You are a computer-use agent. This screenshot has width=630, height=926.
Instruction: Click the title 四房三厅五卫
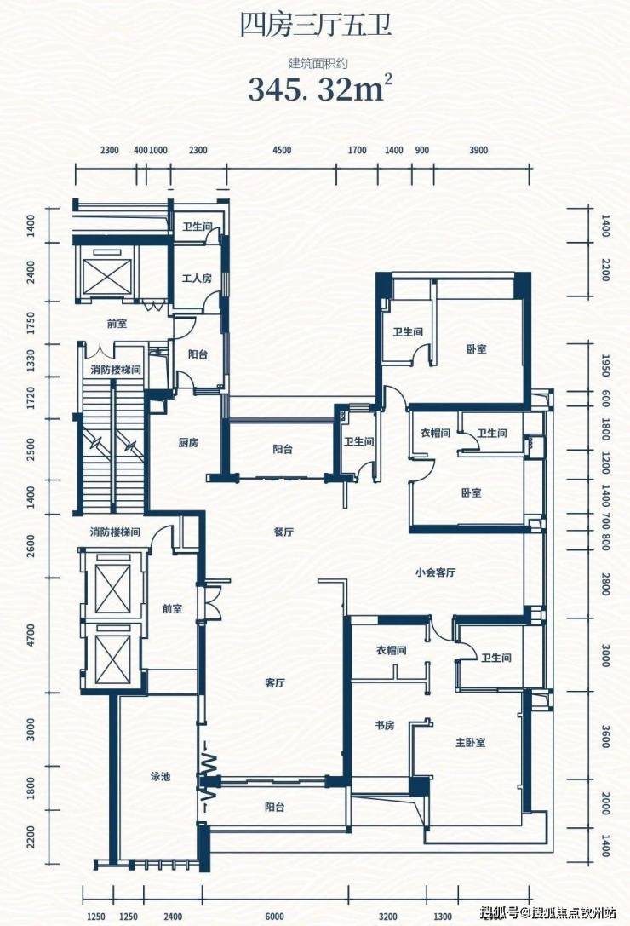point(316,26)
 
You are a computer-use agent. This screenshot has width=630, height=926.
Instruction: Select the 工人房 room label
point(197,278)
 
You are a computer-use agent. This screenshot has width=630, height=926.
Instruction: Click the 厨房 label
point(188,442)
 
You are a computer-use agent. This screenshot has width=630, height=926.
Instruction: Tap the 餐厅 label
point(284,532)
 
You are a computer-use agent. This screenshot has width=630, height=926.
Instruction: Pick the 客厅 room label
point(275,682)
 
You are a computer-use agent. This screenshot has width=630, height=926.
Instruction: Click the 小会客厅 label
point(435,572)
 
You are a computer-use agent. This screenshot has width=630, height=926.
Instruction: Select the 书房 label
point(384,725)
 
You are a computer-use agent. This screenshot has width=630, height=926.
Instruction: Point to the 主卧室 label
point(471,742)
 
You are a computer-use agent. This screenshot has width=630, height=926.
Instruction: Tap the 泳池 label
point(160,777)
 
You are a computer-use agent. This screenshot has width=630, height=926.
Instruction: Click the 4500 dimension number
point(282,150)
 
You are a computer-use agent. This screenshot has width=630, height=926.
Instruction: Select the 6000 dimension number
point(274,916)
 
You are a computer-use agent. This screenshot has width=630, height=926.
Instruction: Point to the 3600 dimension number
point(604,736)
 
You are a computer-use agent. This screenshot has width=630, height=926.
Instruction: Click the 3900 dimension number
point(478,150)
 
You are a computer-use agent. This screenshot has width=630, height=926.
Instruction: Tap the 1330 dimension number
point(31,361)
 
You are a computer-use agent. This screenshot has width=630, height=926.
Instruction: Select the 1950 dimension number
point(604,365)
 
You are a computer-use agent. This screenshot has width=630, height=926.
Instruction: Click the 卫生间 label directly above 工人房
point(197,227)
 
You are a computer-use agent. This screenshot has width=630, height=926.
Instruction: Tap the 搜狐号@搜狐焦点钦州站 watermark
point(548,913)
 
